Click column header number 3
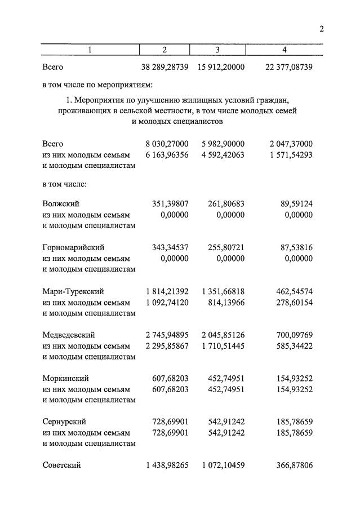click(217, 50)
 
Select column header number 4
click(284, 50)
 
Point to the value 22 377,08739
click(288, 68)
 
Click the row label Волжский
click(60, 204)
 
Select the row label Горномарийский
click(73, 247)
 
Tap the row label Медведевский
click(69, 335)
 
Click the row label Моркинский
click(65, 378)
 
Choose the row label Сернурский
click(65, 422)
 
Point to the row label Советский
click(61, 465)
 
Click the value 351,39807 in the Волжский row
click(170, 204)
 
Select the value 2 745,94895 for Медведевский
click(167, 335)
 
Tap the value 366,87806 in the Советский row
click(291, 465)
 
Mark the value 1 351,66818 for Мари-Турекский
click(223, 291)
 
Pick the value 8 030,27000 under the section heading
click(167, 144)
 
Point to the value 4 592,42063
click(223, 154)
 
